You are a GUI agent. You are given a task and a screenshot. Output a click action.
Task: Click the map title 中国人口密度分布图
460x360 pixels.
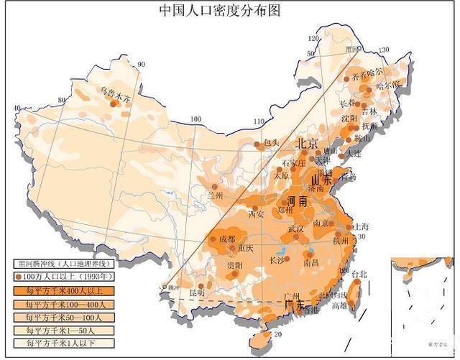(x=218, y=10)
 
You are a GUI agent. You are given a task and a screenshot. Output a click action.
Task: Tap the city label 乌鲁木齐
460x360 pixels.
(x=116, y=93)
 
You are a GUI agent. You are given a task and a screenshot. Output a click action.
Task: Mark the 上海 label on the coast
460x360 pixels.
(x=361, y=226)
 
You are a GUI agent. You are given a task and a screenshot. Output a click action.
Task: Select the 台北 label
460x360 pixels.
(x=359, y=274)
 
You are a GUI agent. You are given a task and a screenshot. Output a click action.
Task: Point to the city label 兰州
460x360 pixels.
(x=213, y=195)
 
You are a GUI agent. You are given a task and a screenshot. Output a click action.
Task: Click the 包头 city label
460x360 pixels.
(x=271, y=142)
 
